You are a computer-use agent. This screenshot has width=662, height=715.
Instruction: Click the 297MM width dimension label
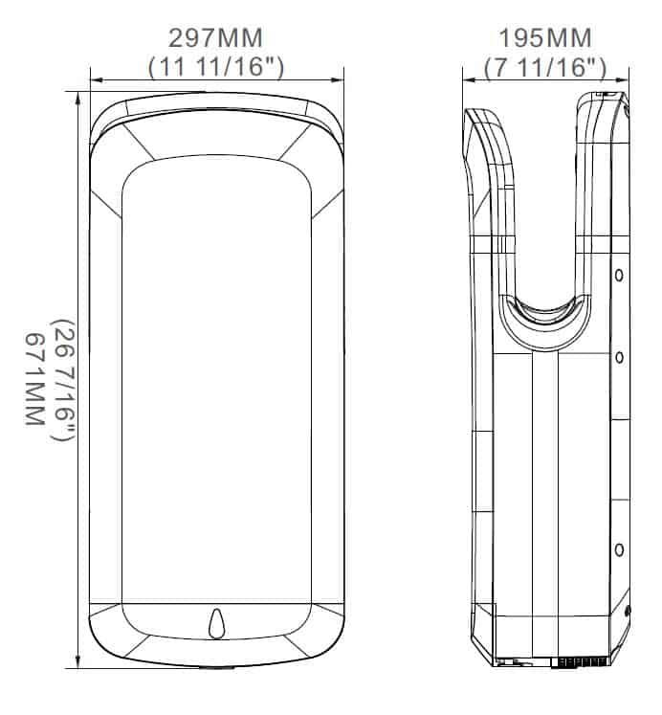point(215,38)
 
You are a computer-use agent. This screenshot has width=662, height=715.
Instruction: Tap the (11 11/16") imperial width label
point(216,67)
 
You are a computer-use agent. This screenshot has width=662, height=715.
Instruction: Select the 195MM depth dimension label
point(545,38)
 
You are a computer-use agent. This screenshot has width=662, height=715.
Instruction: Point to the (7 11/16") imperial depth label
point(545,68)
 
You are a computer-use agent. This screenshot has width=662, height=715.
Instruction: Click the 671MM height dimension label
point(34,379)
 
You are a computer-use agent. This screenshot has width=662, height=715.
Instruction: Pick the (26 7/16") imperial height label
point(63,380)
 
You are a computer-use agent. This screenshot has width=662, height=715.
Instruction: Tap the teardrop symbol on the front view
point(216,623)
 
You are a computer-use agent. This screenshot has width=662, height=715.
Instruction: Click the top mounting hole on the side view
point(619,276)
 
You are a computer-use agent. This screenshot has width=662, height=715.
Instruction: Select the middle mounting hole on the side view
point(619,358)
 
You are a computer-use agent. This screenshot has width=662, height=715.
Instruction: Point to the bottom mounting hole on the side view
point(619,550)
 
